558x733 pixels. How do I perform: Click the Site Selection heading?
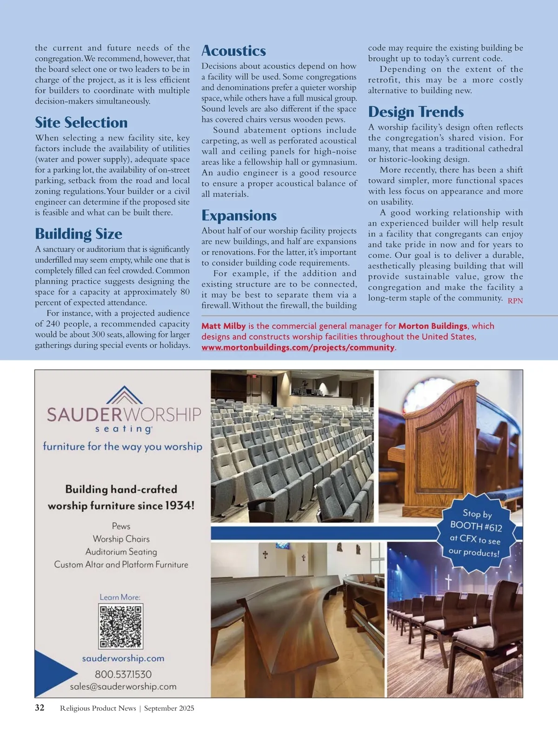tap(81, 122)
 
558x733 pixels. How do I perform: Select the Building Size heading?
tap(79, 234)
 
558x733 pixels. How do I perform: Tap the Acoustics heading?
tap(233, 51)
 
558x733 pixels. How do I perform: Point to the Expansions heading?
tap(239, 215)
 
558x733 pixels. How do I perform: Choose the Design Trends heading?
tap(416, 112)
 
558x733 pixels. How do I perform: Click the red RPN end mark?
tap(515, 301)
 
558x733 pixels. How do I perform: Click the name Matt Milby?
tap(223, 326)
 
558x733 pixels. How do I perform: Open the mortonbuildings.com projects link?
tap(298, 347)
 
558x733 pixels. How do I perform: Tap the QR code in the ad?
tap(120, 626)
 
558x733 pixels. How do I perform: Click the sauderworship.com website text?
tap(123, 659)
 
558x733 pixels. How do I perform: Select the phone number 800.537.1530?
tap(123, 674)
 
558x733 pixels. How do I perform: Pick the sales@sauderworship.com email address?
tap(123, 686)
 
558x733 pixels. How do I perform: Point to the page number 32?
tap(40, 708)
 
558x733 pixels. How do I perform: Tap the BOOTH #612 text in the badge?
tap(476, 526)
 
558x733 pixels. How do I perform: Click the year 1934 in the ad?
tap(179, 505)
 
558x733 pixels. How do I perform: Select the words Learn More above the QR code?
tap(120, 597)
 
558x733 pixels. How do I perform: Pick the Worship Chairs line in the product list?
tap(121, 539)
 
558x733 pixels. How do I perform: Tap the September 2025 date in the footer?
tap(169, 708)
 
